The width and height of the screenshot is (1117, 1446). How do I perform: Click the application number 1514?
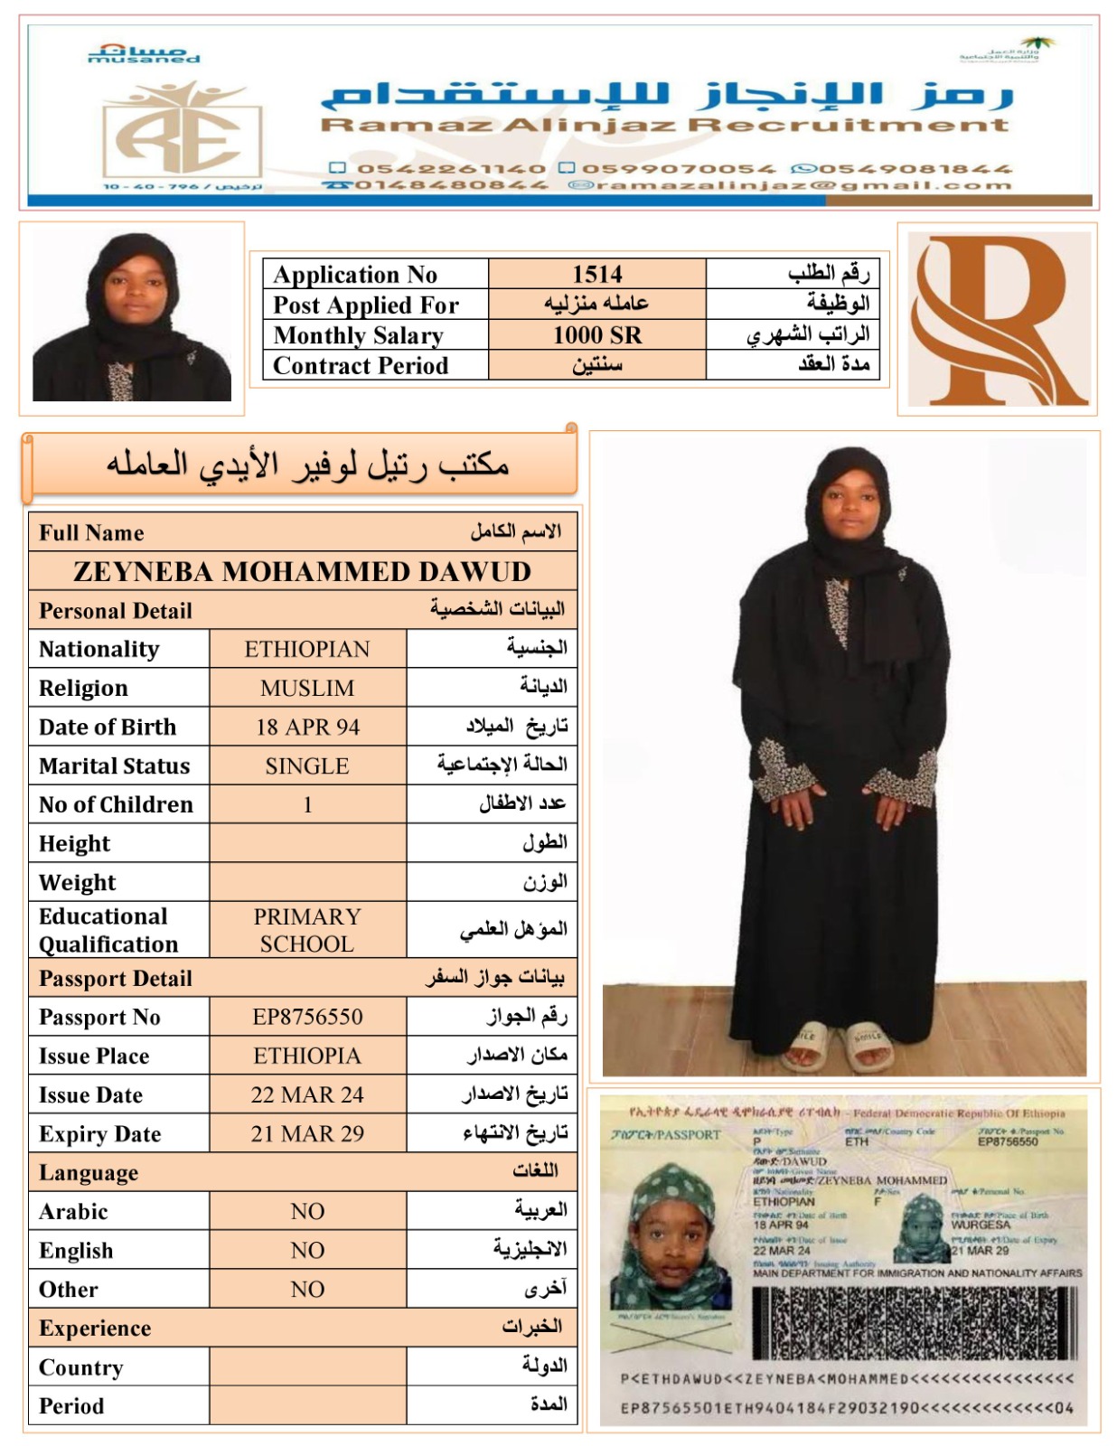pyautogui.click(x=596, y=274)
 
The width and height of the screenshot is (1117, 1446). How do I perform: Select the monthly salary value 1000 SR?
pyautogui.click(x=596, y=335)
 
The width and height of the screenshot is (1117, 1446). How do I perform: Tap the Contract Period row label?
pyautogui.click(x=361, y=366)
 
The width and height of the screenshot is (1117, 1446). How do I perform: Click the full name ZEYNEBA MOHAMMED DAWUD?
pyautogui.click(x=302, y=572)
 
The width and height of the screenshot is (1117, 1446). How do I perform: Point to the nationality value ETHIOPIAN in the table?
pyautogui.click(x=307, y=650)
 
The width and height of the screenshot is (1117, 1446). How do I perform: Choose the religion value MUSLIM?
pyautogui.click(x=307, y=689)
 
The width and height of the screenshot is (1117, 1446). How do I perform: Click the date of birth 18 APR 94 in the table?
pyautogui.click(x=307, y=728)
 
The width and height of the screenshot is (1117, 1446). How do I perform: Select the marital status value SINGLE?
pyautogui.click(x=307, y=766)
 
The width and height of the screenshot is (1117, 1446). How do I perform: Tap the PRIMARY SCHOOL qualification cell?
pyautogui.click(x=307, y=930)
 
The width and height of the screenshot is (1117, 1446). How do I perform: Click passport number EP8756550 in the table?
pyautogui.click(x=307, y=1018)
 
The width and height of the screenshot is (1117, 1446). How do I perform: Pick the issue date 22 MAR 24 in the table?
pyautogui.click(x=307, y=1095)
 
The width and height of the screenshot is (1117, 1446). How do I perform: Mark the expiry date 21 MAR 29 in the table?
pyautogui.click(x=307, y=1134)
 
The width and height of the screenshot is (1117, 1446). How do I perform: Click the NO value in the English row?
pyautogui.click(x=307, y=1251)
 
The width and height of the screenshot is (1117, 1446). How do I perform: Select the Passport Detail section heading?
pyautogui.click(x=116, y=979)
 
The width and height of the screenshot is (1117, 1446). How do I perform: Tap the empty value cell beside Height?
pyautogui.click(x=307, y=844)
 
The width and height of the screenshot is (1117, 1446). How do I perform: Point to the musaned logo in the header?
pyautogui.click(x=144, y=54)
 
